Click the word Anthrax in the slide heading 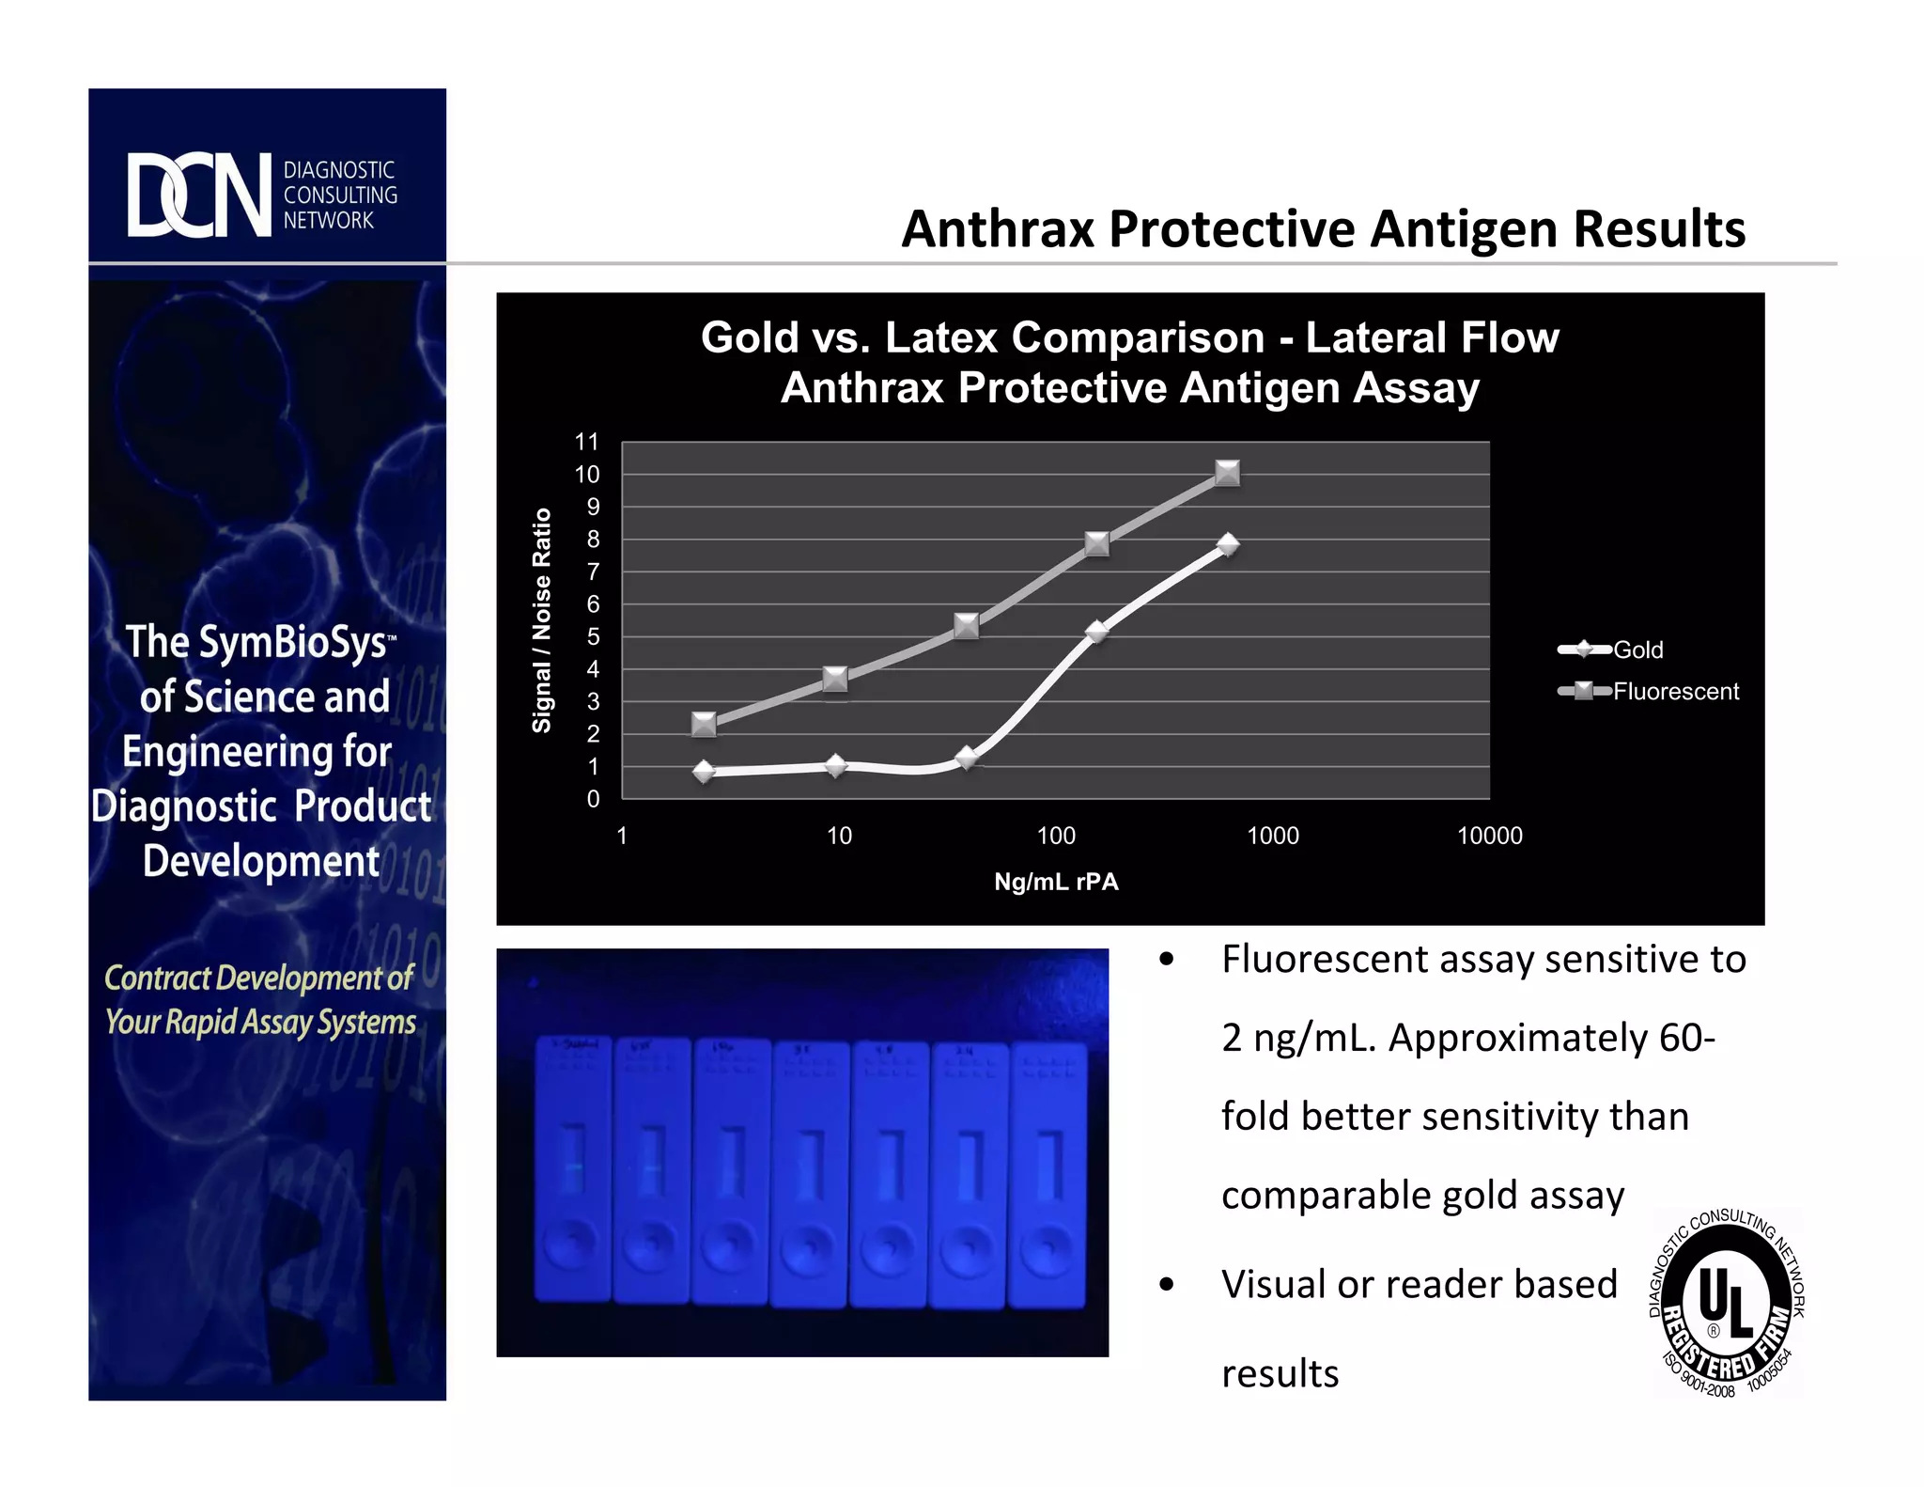(1000, 229)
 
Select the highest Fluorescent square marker (1227, 473)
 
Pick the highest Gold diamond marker (1227, 544)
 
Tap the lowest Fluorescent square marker (704, 724)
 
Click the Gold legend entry (1637, 650)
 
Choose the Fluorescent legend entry (1675, 692)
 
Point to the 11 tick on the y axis (587, 442)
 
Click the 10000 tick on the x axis (1489, 836)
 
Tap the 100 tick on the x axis (1056, 836)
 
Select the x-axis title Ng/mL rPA (1056, 882)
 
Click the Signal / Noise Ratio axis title (542, 620)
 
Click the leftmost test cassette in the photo (573, 1169)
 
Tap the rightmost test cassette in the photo (1047, 1175)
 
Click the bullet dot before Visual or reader (1167, 1285)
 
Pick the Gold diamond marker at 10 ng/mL (835, 766)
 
